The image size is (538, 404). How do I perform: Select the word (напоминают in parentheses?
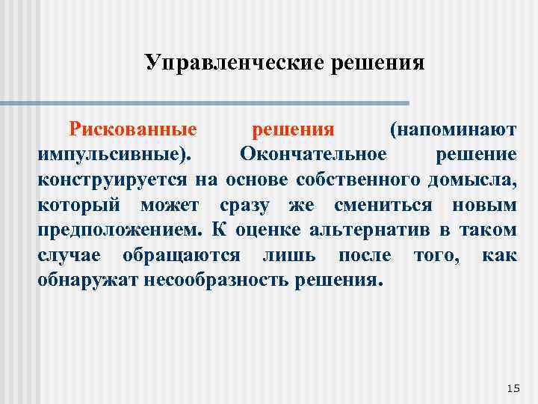tap(453, 129)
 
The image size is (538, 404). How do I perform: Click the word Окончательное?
tap(313, 155)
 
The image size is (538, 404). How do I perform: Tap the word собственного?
tap(358, 180)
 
